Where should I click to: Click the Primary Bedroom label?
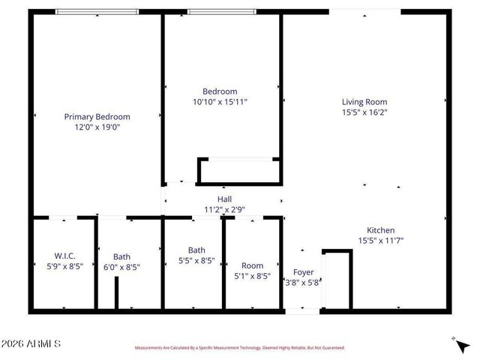pyautogui.click(x=97, y=116)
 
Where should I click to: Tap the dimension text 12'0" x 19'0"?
pyautogui.click(x=97, y=127)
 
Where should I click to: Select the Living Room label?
pyautogui.click(x=364, y=101)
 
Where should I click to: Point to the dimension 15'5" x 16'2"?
pyautogui.click(x=364, y=112)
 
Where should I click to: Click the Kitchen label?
pyautogui.click(x=380, y=230)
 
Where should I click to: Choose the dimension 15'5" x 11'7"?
pyautogui.click(x=380, y=241)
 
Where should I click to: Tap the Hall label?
pyautogui.click(x=224, y=199)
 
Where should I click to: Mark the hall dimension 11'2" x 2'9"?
pyautogui.click(x=224, y=209)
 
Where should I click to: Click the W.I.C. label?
pyautogui.click(x=64, y=256)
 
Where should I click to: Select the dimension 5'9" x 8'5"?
pyautogui.click(x=64, y=266)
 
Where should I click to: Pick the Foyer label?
pyautogui.click(x=303, y=272)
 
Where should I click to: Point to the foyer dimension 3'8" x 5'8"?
pyautogui.click(x=303, y=283)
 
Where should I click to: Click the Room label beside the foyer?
pyautogui.click(x=252, y=265)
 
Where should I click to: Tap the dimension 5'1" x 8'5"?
pyautogui.click(x=252, y=276)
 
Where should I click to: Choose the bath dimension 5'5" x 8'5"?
pyautogui.click(x=196, y=261)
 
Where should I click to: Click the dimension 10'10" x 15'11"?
pyautogui.click(x=220, y=101)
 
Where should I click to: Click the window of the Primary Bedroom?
pyautogui.click(x=97, y=11)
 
